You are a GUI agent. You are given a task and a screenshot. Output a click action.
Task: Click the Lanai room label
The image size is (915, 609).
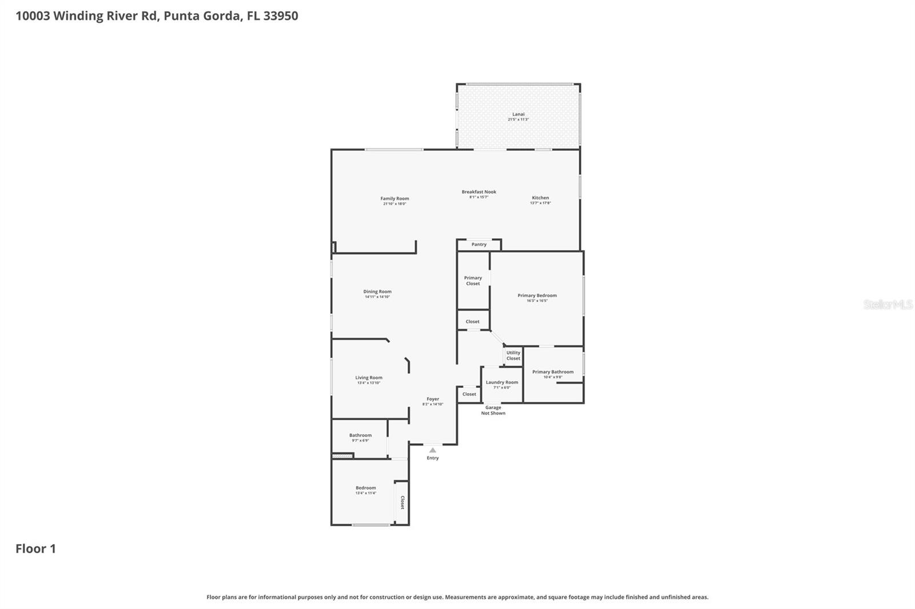518,114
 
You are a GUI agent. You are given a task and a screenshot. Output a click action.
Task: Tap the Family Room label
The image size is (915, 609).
395,199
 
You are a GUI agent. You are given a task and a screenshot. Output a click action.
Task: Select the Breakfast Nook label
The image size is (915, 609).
479,192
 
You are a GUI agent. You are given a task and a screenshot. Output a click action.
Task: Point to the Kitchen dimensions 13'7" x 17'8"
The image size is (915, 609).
540,203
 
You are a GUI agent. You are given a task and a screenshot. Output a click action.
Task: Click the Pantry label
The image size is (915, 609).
479,245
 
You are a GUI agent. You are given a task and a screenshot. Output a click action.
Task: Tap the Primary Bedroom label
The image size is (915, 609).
537,295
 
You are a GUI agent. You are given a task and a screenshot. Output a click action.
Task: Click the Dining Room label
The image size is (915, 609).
377,291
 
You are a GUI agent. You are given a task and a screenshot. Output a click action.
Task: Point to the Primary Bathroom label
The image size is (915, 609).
552,372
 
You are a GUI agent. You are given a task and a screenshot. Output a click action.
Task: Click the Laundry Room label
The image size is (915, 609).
502,382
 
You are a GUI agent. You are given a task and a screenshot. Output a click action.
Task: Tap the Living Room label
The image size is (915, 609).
368,378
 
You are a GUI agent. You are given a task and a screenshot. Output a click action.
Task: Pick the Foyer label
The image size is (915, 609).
432,399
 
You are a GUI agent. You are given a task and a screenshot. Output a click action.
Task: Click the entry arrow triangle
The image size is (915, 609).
432,450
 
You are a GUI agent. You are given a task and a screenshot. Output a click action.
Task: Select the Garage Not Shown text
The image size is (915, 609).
493,410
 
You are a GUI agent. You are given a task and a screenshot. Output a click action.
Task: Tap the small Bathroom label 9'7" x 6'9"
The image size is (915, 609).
360,435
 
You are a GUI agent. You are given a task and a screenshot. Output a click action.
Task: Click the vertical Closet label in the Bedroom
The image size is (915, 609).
402,502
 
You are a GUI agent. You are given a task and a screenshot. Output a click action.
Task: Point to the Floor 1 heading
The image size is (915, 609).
35,548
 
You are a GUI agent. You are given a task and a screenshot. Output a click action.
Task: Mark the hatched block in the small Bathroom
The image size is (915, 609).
343,455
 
